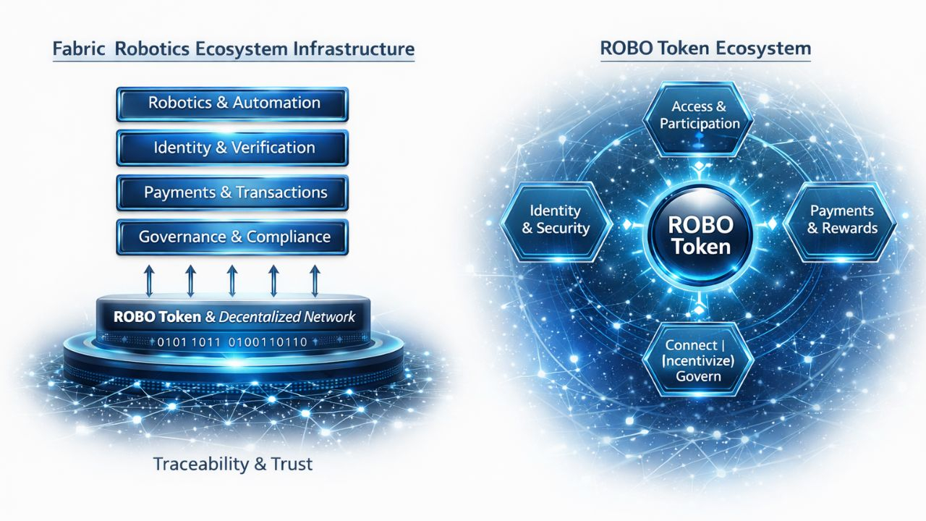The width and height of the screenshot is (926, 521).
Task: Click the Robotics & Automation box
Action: click(232, 103)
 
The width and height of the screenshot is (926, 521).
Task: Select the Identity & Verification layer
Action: click(232, 148)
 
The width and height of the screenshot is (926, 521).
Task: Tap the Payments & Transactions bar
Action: click(232, 193)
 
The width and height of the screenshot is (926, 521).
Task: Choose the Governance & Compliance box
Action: click(232, 237)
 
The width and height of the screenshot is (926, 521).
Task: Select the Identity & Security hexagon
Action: click(556, 219)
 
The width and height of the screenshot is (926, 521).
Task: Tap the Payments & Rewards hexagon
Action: click(842, 219)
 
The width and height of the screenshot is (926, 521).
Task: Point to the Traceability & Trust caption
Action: click(233, 464)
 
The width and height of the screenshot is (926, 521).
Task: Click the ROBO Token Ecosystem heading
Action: click(705, 49)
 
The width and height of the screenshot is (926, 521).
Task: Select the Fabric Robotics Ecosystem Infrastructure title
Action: click(234, 49)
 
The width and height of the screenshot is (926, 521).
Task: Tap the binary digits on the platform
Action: click(233, 342)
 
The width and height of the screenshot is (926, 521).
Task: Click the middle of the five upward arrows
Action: click(232, 279)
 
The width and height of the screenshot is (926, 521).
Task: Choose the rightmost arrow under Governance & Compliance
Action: click(315, 279)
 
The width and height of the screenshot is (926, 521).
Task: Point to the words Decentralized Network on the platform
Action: click(287, 317)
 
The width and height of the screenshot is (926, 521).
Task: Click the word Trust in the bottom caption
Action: click(290, 464)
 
